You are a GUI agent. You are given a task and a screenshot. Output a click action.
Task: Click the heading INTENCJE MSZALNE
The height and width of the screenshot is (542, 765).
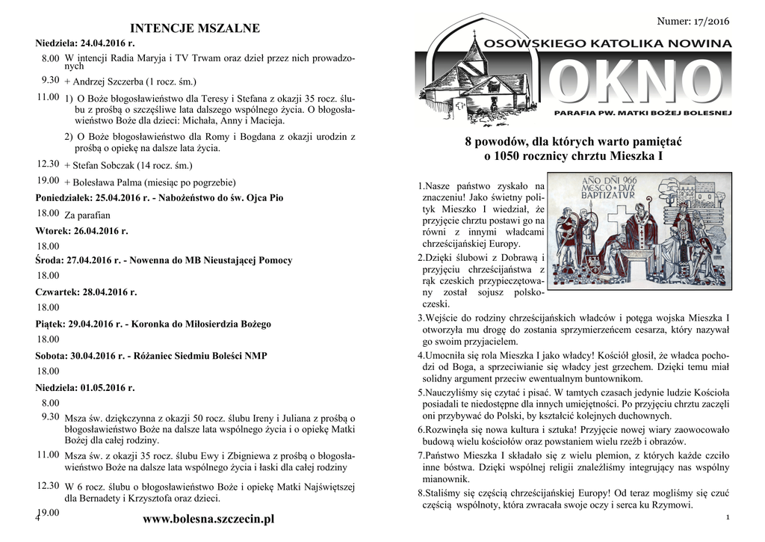click(194, 28)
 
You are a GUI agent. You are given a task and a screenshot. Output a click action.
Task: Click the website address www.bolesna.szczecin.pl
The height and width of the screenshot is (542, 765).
click(208, 519)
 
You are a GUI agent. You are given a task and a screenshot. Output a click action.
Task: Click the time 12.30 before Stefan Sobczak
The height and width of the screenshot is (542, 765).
click(48, 163)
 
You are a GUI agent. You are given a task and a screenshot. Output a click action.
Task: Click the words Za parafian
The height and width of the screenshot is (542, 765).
click(88, 215)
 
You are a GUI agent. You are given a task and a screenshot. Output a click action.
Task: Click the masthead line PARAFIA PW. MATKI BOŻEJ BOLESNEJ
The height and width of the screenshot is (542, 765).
click(642, 114)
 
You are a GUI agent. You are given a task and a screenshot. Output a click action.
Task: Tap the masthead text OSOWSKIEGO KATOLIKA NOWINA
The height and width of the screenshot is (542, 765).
click(608, 45)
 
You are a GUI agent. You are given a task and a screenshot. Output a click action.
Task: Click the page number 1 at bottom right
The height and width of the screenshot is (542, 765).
click(727, 517)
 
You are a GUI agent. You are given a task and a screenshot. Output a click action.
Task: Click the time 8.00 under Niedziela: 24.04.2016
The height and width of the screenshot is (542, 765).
click(50, 58)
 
